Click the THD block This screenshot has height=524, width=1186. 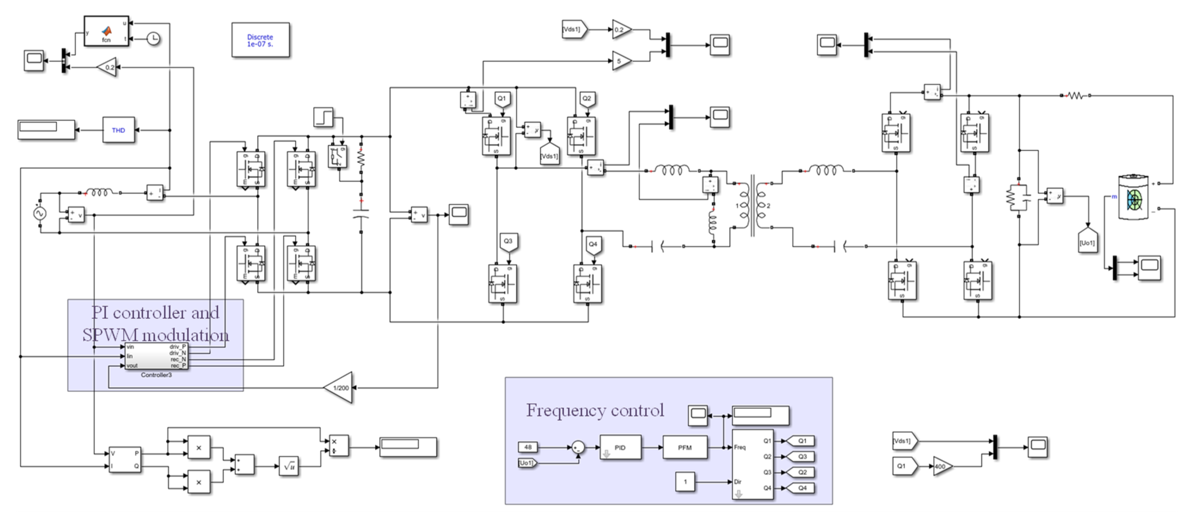118,130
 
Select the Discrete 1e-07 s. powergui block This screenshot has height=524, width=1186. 260,40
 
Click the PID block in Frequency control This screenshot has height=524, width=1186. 620,448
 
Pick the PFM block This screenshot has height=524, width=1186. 685,448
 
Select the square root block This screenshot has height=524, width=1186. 289,466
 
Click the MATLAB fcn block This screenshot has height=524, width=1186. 106,31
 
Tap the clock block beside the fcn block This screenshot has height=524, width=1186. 153,39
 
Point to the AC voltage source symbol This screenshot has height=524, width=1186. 40,213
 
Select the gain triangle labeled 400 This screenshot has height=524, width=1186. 942,466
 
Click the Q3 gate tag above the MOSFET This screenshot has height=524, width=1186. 508,242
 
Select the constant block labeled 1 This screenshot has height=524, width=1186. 685,482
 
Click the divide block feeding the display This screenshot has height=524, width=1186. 338,446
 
